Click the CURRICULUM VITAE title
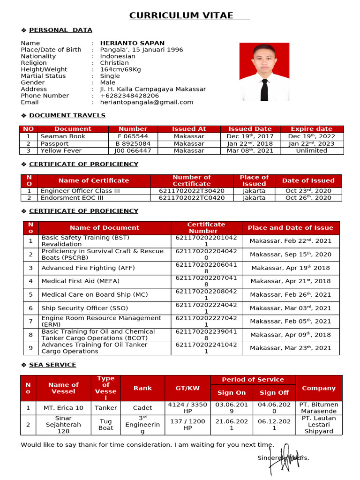coord(181,16)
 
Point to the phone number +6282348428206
coord(129,96)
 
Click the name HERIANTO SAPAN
coord(132,43)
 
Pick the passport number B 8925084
coord(133,144)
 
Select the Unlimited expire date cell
coord(311,151)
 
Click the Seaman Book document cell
coord(63,136)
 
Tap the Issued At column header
coord(189,129)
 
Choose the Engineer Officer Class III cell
coord(80,191)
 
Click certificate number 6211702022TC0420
coord(191,198)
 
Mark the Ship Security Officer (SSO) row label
coord(88,308)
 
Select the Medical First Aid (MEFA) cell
coord(80,281)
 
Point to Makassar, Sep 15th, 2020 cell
coord(290,255)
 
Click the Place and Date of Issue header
coord(290,228)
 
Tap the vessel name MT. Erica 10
coord(63,408)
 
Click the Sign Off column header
coord(274,393)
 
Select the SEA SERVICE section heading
coord(52,365)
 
